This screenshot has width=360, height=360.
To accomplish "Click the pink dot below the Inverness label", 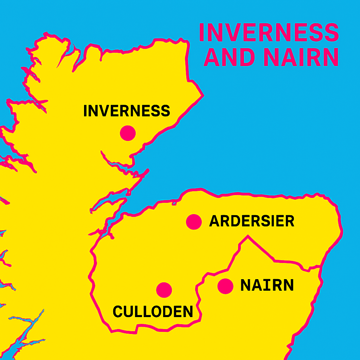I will [x=128, y=133].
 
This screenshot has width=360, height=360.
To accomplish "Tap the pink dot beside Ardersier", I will [x=194, y=222].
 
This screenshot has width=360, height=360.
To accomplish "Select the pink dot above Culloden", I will [x=164, y=290].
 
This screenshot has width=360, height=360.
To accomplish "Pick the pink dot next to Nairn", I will [x=225, y=286].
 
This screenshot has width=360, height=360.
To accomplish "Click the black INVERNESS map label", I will [x=127, y=111].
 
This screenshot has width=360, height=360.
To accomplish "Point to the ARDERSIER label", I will [x=252, y=221].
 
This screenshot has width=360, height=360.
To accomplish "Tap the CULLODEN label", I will [x=153, y=311].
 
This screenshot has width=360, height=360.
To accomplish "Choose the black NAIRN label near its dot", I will [x=267, y=285].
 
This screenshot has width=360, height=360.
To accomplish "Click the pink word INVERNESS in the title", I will [x=269, y=32].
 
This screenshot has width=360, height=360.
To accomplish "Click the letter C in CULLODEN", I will [x=118, y=311].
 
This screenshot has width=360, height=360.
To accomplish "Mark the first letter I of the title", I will [x=202, y=32].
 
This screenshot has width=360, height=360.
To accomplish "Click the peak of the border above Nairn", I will [x=248, y=236].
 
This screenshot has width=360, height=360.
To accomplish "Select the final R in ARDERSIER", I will [x=290, y=221].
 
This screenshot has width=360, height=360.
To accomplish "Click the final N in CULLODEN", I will [x=188, y=311].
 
